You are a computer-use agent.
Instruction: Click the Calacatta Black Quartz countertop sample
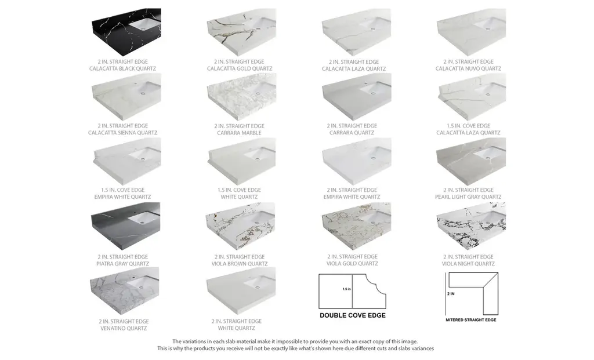click(x=126, y=32)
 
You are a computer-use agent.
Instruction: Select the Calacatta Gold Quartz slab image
click(x=241, y=32)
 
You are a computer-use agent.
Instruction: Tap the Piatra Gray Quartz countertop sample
click(x=125, y=226)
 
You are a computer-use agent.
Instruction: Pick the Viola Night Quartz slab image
click(x=471, y=226)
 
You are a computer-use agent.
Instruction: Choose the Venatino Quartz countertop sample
click(x=124, y=291)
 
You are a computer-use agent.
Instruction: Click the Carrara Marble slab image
click(x=241, y=97)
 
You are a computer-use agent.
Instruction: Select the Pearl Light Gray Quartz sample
click(x=471, y=162)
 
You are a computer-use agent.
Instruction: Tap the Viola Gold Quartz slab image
click(x=356, y=226)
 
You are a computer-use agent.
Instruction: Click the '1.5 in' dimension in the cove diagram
click(x=347, y=289)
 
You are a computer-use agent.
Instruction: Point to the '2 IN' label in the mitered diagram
click(x=451, y=294)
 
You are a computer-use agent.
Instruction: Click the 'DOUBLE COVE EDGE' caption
click(x=353, y=315)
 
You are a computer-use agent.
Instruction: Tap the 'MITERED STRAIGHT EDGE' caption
click(x=471, y=320)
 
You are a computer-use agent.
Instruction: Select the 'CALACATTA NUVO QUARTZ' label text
click(x=468, y=68)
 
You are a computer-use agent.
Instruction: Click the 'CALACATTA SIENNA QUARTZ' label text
click(x=123, y=133)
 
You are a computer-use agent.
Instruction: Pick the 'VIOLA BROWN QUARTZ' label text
click(x=240, y=263)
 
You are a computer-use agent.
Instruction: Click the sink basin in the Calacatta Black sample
click(x=145, y=24)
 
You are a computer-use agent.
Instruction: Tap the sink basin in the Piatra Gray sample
click(x=144, y=217)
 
